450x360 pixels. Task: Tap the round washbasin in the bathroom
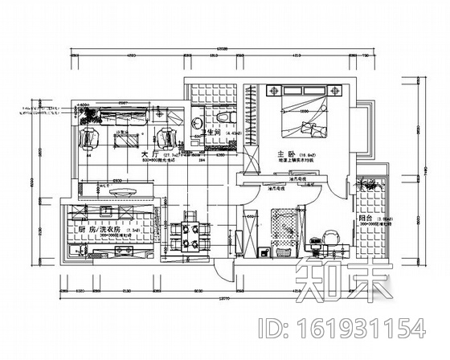pyautogui.click(x=195, y=122)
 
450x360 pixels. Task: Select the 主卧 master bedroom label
pyautogui.click(x=285, y=153)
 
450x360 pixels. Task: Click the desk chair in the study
pyautogui.click(x=329, y=236)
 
